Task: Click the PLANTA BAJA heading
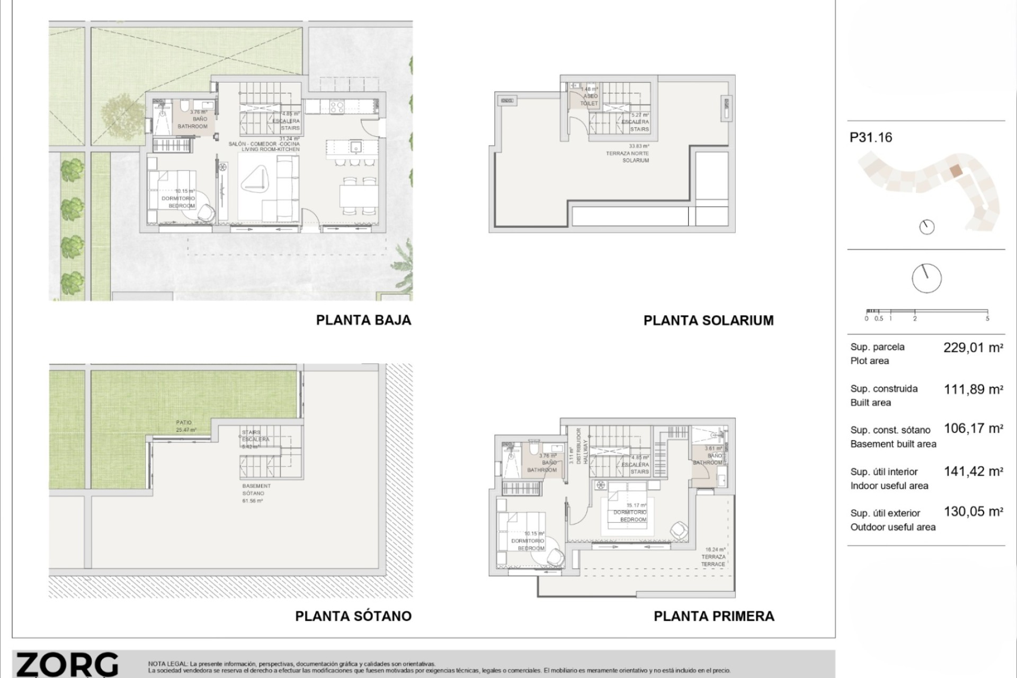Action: (363, 320)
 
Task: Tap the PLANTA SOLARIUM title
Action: (708, 320)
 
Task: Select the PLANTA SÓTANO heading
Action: (353, 616)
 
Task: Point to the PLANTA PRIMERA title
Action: (713, 616)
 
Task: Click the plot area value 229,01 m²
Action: (973, 348)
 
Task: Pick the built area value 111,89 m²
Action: (973, 389)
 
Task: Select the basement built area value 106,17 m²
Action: (973, 429)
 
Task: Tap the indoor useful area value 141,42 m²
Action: (973, 471)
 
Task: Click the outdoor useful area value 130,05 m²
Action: (973, 512)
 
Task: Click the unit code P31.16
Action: (871, 138)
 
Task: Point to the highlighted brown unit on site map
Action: (954, 171)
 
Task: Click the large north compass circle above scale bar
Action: (926, 278)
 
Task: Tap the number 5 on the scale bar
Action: (987, 319)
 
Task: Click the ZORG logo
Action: (67, 665)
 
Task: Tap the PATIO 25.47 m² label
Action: (184, 426)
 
